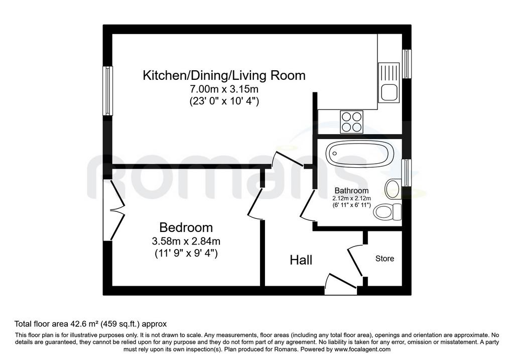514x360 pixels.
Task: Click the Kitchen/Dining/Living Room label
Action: [224, 75]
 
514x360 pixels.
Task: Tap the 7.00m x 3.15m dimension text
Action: [224, 89]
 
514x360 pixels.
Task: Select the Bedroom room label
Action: [186, 227]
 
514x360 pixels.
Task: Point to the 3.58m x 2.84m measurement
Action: [186, 242]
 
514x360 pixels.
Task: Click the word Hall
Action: [301, 260]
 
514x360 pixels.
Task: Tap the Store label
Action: [384, 259]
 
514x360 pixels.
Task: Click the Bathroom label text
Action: [351, 190]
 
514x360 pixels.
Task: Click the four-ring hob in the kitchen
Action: [352, 122]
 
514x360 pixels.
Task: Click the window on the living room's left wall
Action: [108, 91]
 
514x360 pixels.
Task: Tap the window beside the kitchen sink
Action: [407, 64]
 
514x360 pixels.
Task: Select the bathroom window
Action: [407, 173]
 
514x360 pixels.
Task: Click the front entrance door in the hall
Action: [341, 284]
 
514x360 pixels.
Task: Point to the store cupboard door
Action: [355, 261]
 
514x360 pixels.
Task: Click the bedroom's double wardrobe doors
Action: [116, 210]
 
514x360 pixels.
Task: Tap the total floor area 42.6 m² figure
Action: [91, 324]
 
